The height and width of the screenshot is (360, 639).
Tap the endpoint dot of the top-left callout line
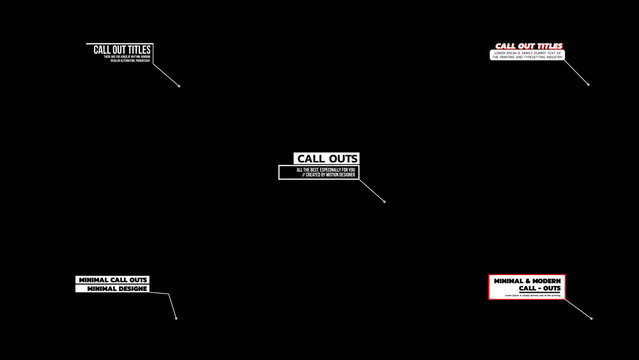(179, 85)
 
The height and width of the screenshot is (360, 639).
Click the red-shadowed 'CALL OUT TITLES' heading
(528, 46)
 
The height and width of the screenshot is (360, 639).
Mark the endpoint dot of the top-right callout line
(588, 84)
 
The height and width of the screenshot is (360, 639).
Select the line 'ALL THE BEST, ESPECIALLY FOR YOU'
(317, 170)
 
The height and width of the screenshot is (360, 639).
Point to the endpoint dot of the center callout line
(385, 202)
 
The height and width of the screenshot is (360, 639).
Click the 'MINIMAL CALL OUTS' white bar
(112, 280)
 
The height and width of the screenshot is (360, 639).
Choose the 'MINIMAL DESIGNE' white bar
(117, 289)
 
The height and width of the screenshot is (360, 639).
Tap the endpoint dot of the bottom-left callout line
(176, 319)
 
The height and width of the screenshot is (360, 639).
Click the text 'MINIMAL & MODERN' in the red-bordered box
(525, 281)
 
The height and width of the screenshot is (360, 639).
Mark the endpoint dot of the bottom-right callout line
(592, 319)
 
